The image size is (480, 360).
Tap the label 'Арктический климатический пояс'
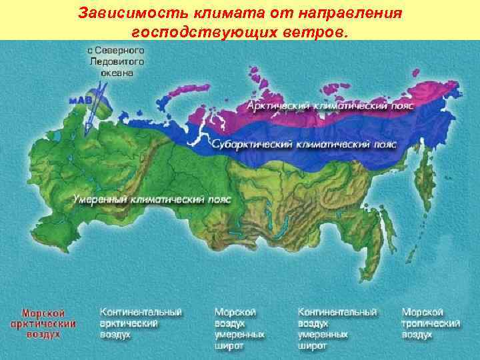(x=331, y=105)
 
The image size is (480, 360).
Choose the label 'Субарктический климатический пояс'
(x=304, y=144)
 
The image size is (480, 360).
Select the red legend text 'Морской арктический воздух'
(x=43, y=323)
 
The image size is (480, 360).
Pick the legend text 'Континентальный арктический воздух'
(x=141, y=323)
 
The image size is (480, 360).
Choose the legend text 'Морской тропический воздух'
(x=431, y=323)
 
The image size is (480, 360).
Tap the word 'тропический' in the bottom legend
(x=431, y=323)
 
